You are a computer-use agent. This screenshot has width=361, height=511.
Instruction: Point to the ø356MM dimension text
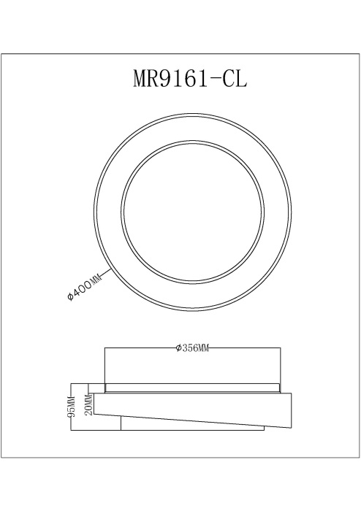pos(193,348)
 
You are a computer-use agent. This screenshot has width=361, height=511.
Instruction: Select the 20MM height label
pos(88,402)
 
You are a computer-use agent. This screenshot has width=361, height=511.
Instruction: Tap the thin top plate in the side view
pos(191,388)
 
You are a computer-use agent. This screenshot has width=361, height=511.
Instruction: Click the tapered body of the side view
pos(191,409)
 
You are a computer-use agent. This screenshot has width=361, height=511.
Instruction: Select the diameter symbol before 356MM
pos(179,348)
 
